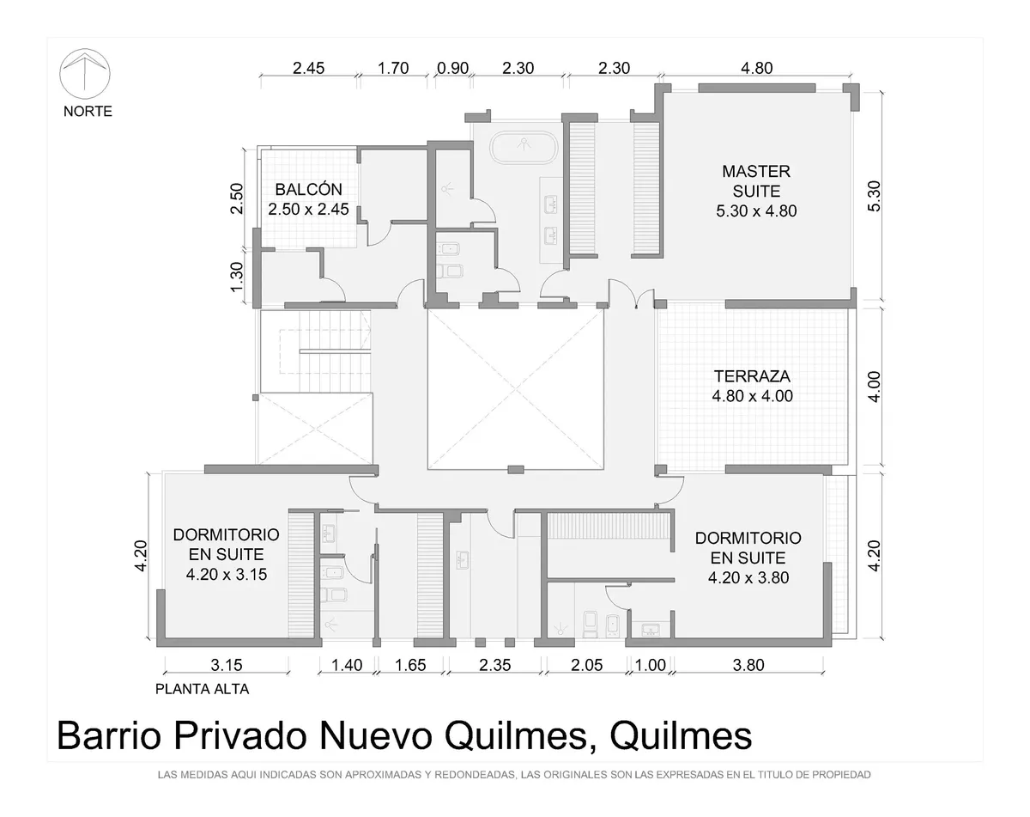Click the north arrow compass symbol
tap(85, 74)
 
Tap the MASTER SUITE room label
tap(756, 181)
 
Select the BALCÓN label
tap(309, 189)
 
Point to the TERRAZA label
tap(753, 376)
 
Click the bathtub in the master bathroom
tap(524, 147)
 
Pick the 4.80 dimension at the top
tap(757, 68)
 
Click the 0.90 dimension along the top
tap(453, 68)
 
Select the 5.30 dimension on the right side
tap(874, 196)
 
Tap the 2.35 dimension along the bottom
tap(495, 665)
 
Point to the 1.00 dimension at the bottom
tap(651, 665)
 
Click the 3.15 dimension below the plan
tap(227, 665)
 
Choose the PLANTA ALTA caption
tap(202, 689)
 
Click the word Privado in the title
tap(239, 736)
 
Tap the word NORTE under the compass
tap(88, 111)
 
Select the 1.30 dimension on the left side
tap(237, 277)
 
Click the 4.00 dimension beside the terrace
tap(874, 387)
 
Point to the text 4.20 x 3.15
tap(227, 574)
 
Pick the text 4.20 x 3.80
tap(748, 578)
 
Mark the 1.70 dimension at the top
tap(393, 68)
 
